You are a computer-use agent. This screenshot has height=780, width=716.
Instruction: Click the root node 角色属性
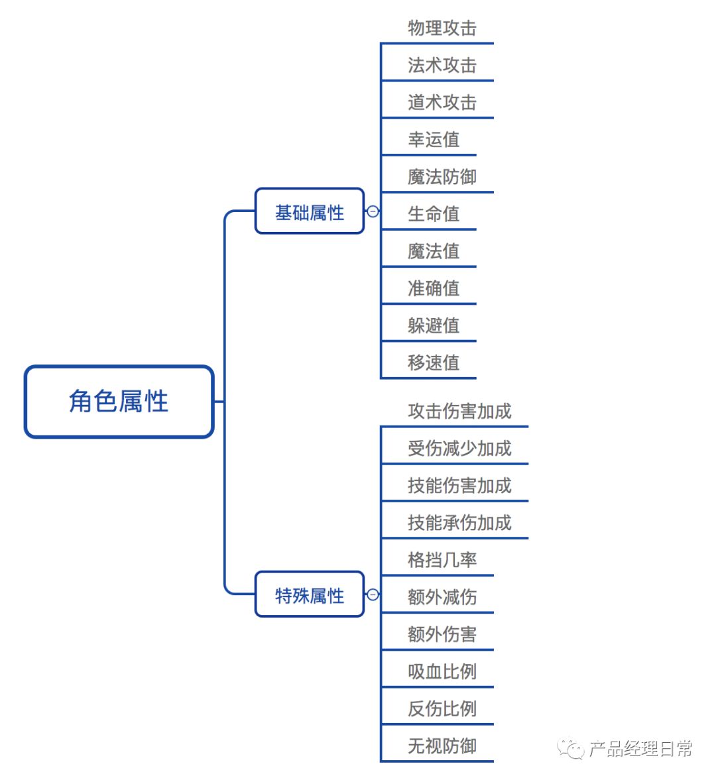(119, 402)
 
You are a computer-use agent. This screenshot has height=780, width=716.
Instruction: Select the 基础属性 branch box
(310, 212)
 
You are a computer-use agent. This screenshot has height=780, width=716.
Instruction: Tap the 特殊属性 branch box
(310, 595)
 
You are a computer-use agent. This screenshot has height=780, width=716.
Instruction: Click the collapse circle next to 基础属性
(373, 211)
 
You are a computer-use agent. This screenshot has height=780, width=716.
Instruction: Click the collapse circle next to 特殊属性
(373, 594)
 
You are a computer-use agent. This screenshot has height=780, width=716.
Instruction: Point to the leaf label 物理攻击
(442, 28)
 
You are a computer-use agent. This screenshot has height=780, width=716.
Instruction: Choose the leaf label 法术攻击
(442, 65)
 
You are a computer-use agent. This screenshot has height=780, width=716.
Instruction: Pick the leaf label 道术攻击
(442, 102)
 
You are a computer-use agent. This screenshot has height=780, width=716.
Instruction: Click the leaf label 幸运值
(434, 139)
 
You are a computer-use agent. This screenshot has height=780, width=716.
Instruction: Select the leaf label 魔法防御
(442, 176)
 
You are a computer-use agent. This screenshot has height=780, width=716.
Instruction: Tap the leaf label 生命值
(434, 213)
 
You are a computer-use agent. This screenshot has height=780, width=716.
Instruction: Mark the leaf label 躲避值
(434, 325)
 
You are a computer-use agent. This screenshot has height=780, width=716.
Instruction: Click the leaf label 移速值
(434, 362)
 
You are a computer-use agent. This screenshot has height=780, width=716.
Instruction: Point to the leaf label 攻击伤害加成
(459, 411)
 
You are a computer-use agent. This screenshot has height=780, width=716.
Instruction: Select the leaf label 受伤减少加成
(459, 448)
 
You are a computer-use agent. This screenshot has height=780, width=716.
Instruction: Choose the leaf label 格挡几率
(442, 559)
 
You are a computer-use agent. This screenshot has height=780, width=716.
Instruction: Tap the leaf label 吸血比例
(442, 671)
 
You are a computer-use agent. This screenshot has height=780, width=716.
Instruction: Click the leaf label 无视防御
(442, 746)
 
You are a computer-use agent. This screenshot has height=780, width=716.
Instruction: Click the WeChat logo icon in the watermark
(570, 749)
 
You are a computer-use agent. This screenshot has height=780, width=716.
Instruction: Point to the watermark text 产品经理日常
(640, 749)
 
